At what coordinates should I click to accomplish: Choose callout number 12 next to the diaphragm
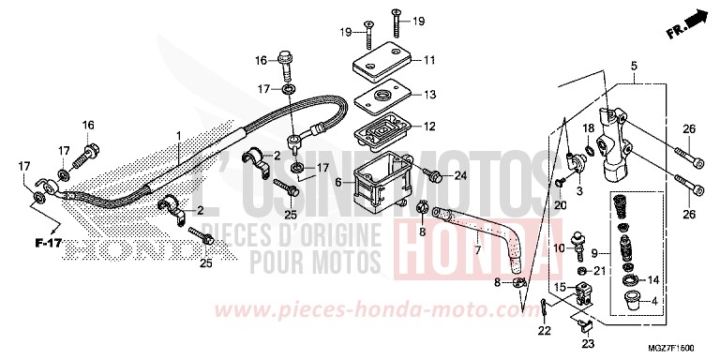click(430, 127)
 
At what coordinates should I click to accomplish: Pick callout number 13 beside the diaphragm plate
click(430, 94)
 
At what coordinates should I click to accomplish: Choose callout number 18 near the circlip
click(590, 127)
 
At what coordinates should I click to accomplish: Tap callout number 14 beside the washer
click(653, 279)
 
